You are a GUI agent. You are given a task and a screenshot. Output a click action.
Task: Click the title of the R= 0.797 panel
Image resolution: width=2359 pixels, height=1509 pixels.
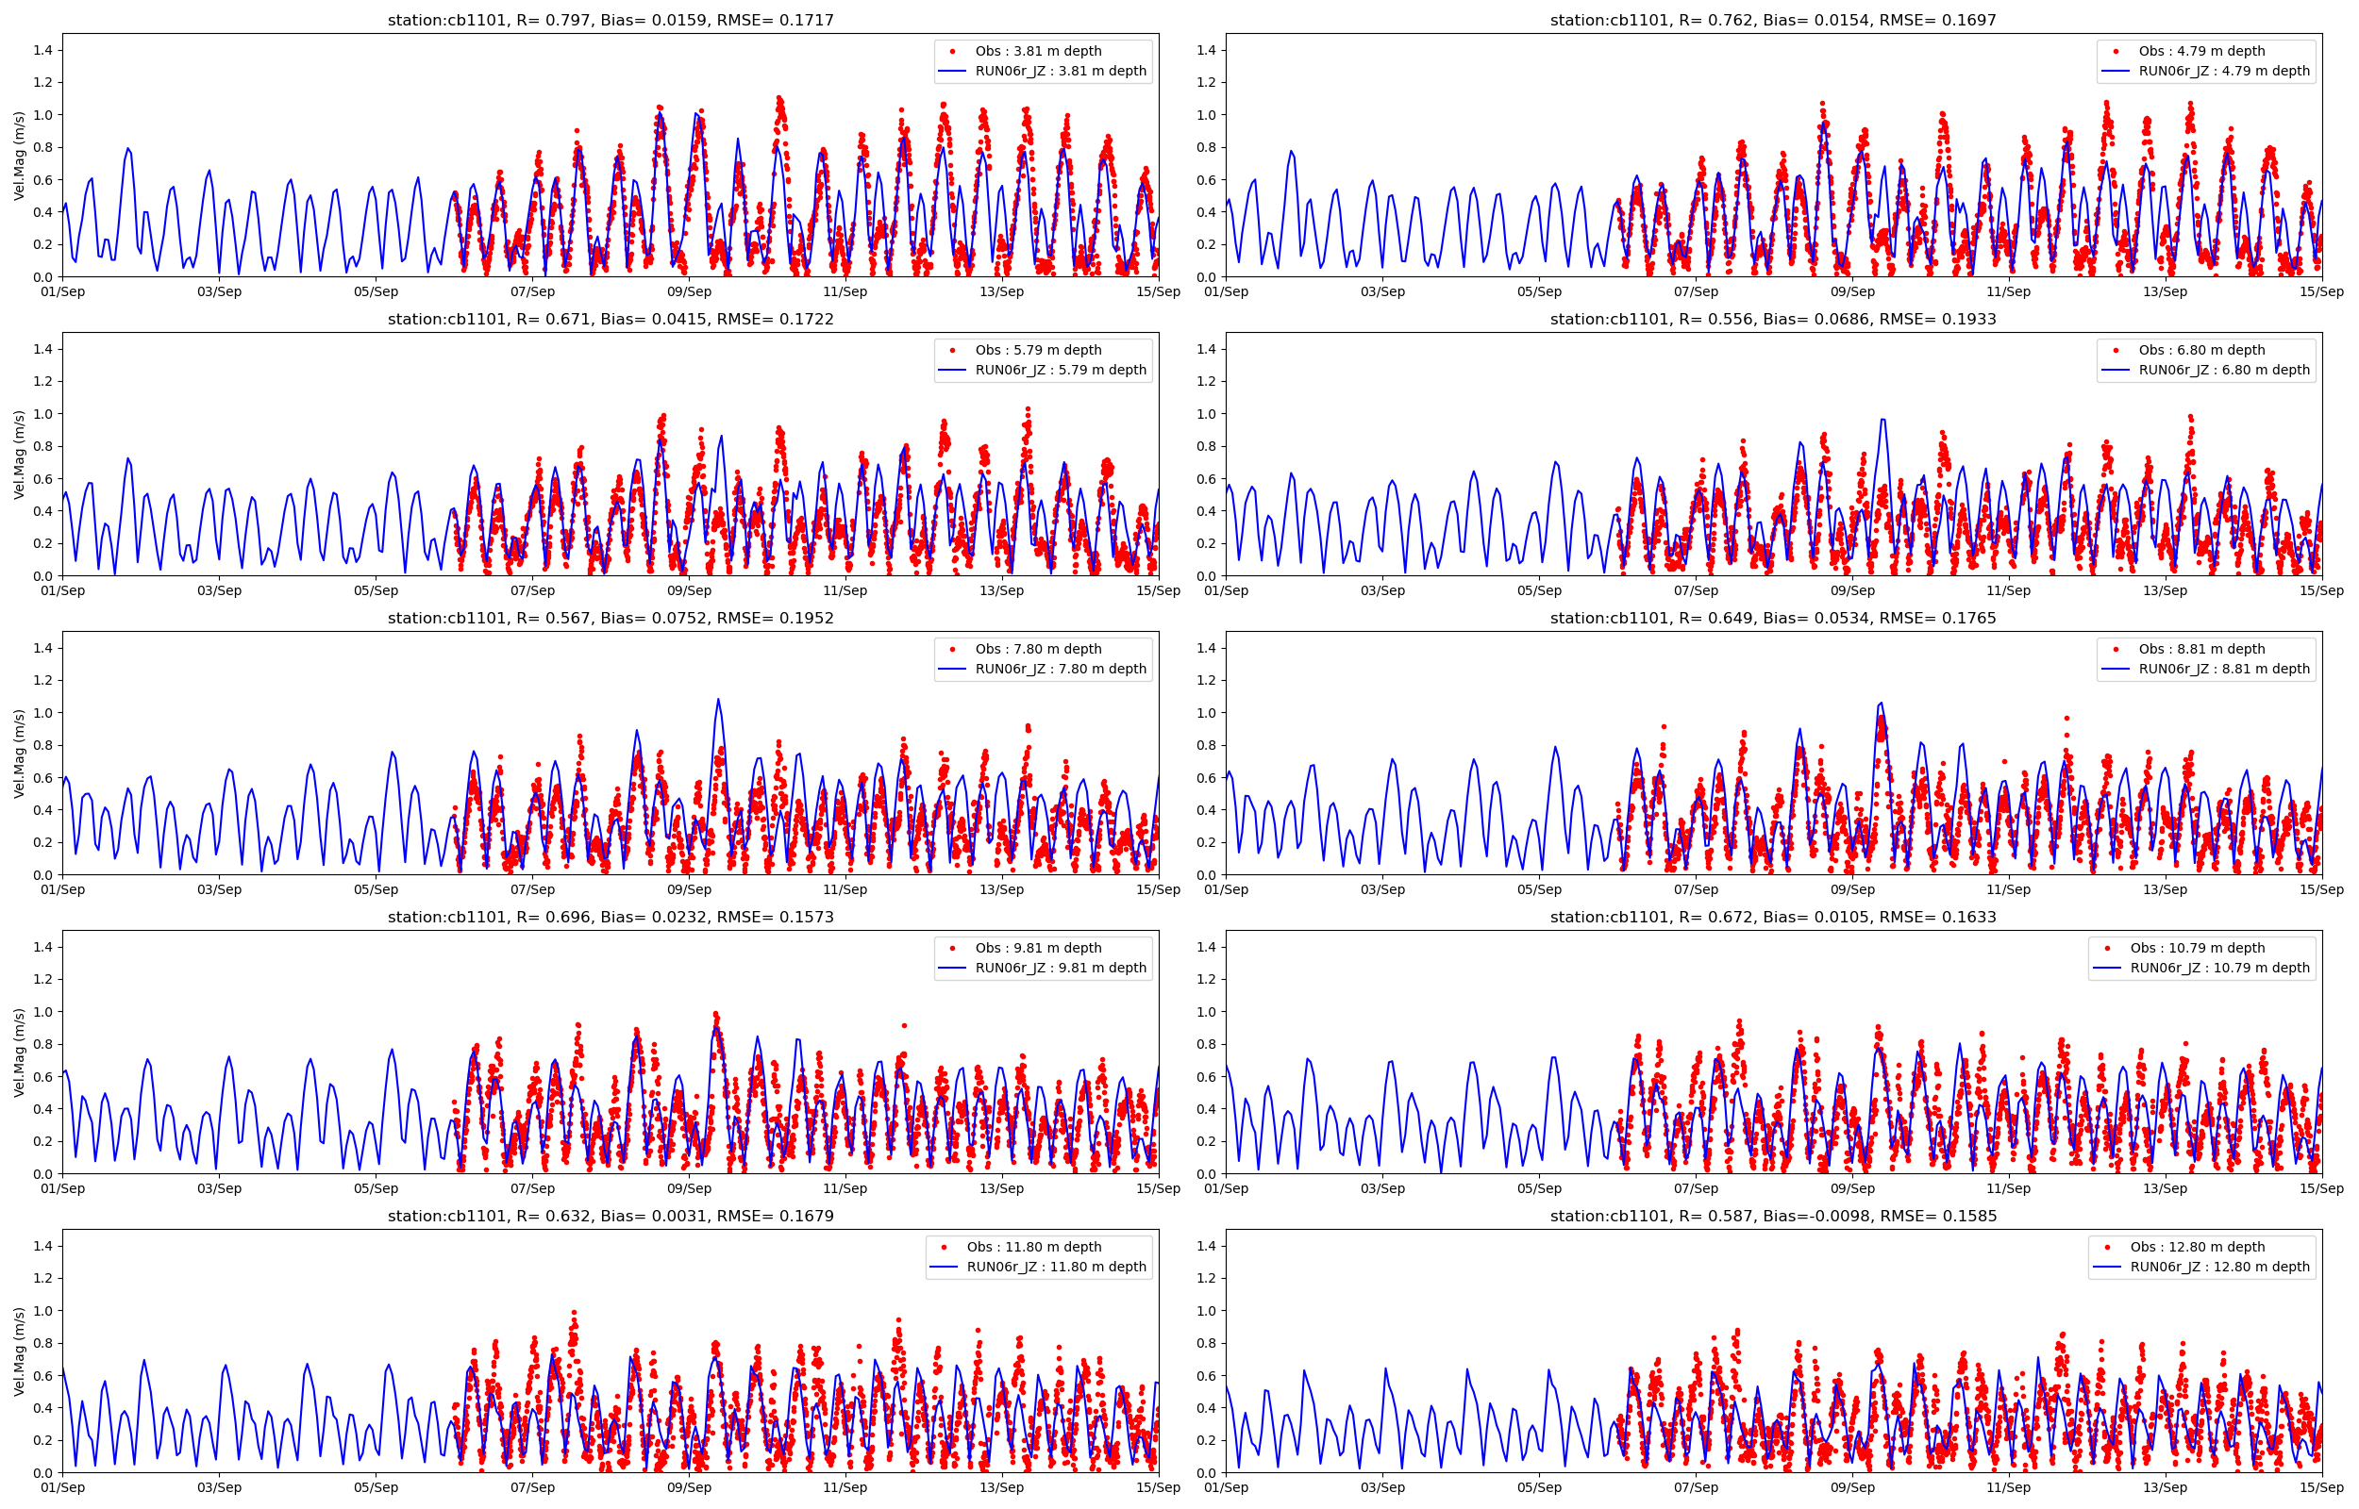point(610,20)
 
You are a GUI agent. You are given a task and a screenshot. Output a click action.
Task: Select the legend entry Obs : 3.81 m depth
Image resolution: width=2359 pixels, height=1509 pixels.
point(1037,51)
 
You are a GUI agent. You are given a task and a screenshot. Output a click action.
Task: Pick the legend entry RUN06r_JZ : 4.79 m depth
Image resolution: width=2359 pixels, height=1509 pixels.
point(2223,71)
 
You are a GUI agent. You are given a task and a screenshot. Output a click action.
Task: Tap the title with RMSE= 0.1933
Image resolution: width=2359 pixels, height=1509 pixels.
point(1772,319)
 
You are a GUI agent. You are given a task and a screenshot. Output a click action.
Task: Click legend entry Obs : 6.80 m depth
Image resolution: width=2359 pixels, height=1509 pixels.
point(2201,350)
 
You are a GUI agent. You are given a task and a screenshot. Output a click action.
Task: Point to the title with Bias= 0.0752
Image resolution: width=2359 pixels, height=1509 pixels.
point(610,618)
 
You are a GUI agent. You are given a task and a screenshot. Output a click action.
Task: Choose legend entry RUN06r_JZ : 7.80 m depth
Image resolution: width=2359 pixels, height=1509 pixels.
point(1060,669)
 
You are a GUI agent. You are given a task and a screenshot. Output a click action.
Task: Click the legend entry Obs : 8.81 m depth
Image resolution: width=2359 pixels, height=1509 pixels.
point(2201,649)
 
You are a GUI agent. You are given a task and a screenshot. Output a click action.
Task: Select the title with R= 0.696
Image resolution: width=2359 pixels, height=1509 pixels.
point(610,916)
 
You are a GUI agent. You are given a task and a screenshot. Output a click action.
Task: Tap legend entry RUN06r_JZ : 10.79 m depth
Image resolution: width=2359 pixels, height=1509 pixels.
point(2218,967)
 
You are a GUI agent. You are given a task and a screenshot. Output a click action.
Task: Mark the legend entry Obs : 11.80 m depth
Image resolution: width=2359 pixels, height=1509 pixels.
point(1033,1247)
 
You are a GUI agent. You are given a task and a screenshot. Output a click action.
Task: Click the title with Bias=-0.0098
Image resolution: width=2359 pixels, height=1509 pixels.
point(1772,1215)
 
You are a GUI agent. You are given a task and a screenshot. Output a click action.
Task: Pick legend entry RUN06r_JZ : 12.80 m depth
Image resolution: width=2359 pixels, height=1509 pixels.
point(2218,1266)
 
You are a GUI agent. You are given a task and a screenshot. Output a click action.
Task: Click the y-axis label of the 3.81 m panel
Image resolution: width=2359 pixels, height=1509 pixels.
point(20,155)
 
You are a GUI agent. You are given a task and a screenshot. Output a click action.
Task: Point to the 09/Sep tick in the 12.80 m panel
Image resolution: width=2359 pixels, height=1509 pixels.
point(1851,1487)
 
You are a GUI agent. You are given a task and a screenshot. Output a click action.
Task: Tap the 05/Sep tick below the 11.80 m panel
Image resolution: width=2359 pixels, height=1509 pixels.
point(376,1487)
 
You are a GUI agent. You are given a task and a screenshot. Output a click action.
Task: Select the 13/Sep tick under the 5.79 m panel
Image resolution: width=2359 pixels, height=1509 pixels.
point(1000,590)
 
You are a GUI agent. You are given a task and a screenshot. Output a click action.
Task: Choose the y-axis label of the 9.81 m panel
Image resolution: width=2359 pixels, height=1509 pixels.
point(20,1052)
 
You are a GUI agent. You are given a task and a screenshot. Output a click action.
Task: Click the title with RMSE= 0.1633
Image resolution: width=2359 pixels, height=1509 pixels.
point(1772,916)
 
